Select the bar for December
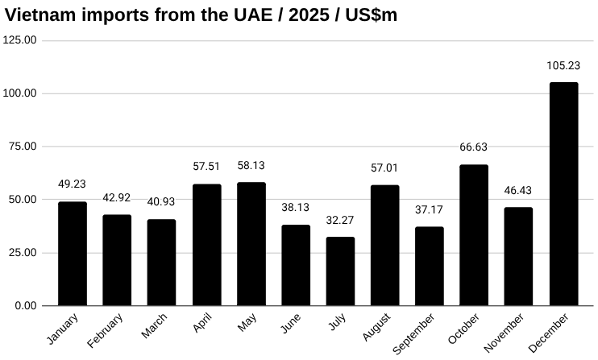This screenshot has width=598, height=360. pos(563,194)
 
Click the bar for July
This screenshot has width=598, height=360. pos(340,271)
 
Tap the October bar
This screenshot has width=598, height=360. pos(474,235)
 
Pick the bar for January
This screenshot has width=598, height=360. pos(73,254)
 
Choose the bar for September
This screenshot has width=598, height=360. pos(430,267)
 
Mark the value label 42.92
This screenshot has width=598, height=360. pos(117,199)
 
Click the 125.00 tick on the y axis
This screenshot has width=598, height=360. pos(20,40)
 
